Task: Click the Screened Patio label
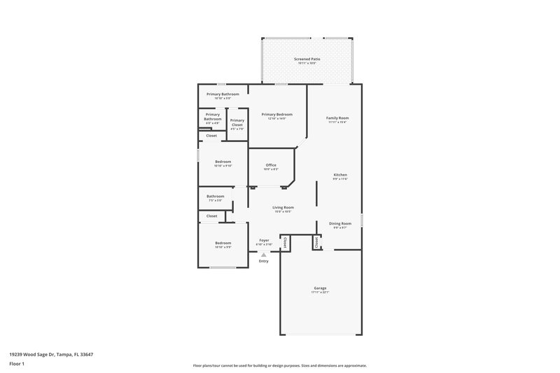pyautogui.click(x=307, y=59)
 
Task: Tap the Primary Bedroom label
pyautogui.click(x=276, y=114)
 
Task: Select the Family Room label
pyautogui.click(x=337, y=118)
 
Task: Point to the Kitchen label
pyautogui.click(x=339, y=174)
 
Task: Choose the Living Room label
pyautogui.click(x=283, y=207)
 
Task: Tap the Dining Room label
pyautogui.click(x=340, y=223)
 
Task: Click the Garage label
pyautogui.click(x=320, y=288)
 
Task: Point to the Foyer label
pyautogui.click(x=264, y=240)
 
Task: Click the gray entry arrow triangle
pyautogui.click(x=264, y=255)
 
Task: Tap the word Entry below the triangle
pyautogui.click(x=264, y=261)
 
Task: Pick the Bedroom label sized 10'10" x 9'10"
pyautogui.click(x=223, y=162)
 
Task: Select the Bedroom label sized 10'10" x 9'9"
pyautogui.click(x=223, y=243)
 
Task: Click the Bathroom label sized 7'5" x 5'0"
pyautogui.click(x=215, y=196)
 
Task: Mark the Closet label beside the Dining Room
pyautogui.click(x=316, y=242)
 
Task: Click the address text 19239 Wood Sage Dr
pyautogui.click(x=51, y=354)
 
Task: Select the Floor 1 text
pyautogui.click(x=17, y=364)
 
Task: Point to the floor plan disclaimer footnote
pyautogui.click(x=279, y=365)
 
